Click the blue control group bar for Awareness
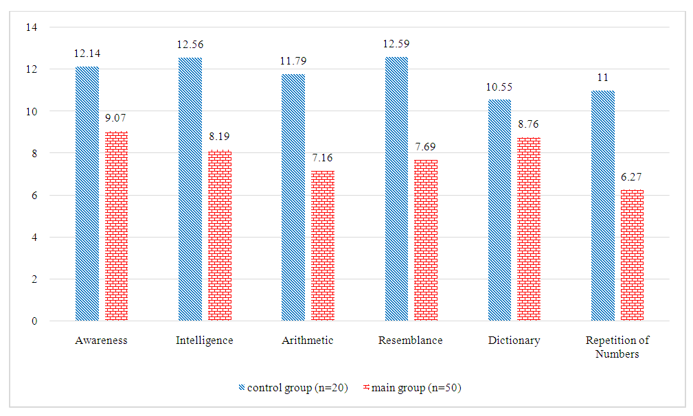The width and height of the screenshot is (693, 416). (87, 194)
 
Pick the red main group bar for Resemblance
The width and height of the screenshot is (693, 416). (426, 240)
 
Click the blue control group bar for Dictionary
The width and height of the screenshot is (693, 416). (499, 210)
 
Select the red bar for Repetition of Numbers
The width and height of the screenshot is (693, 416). (632, 255)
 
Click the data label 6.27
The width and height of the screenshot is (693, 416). (632, 177)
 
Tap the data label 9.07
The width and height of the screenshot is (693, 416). (117, 119)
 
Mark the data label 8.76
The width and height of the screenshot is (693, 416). (529, 125)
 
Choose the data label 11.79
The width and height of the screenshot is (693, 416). (293, 61)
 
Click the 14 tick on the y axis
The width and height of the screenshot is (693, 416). (34, 27)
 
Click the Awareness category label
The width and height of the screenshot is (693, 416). (102, 340)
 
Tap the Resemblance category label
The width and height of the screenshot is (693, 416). (411, 340)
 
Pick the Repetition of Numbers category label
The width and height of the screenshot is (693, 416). (617, 347)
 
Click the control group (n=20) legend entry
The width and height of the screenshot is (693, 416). (293, 388)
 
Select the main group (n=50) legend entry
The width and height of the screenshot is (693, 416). (412, 388)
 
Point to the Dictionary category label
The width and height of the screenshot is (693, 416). (514, 340)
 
